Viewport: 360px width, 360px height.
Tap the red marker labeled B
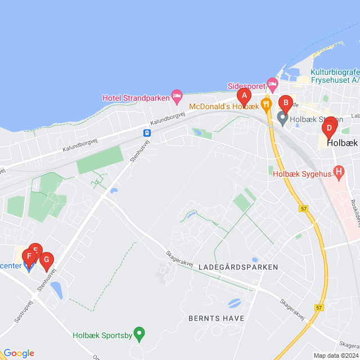click(x=286, y=103)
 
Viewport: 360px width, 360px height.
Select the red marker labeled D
click(x=329, y=129)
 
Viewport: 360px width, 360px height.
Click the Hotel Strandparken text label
click(x=136, y=97)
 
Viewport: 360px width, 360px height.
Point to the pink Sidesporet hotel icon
click(x=273, y=85)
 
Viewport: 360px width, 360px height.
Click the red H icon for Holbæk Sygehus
click(x=339, y=170)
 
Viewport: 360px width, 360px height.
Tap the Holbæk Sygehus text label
click(x=301, y=174)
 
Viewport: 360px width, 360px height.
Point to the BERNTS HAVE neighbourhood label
click(x=217, y=318)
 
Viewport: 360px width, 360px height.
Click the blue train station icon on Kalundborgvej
click(x=147, y=133)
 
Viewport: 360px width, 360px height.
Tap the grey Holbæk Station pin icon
click(x=282, y=118)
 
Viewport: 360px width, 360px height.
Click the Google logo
click(x=19, y=353)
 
